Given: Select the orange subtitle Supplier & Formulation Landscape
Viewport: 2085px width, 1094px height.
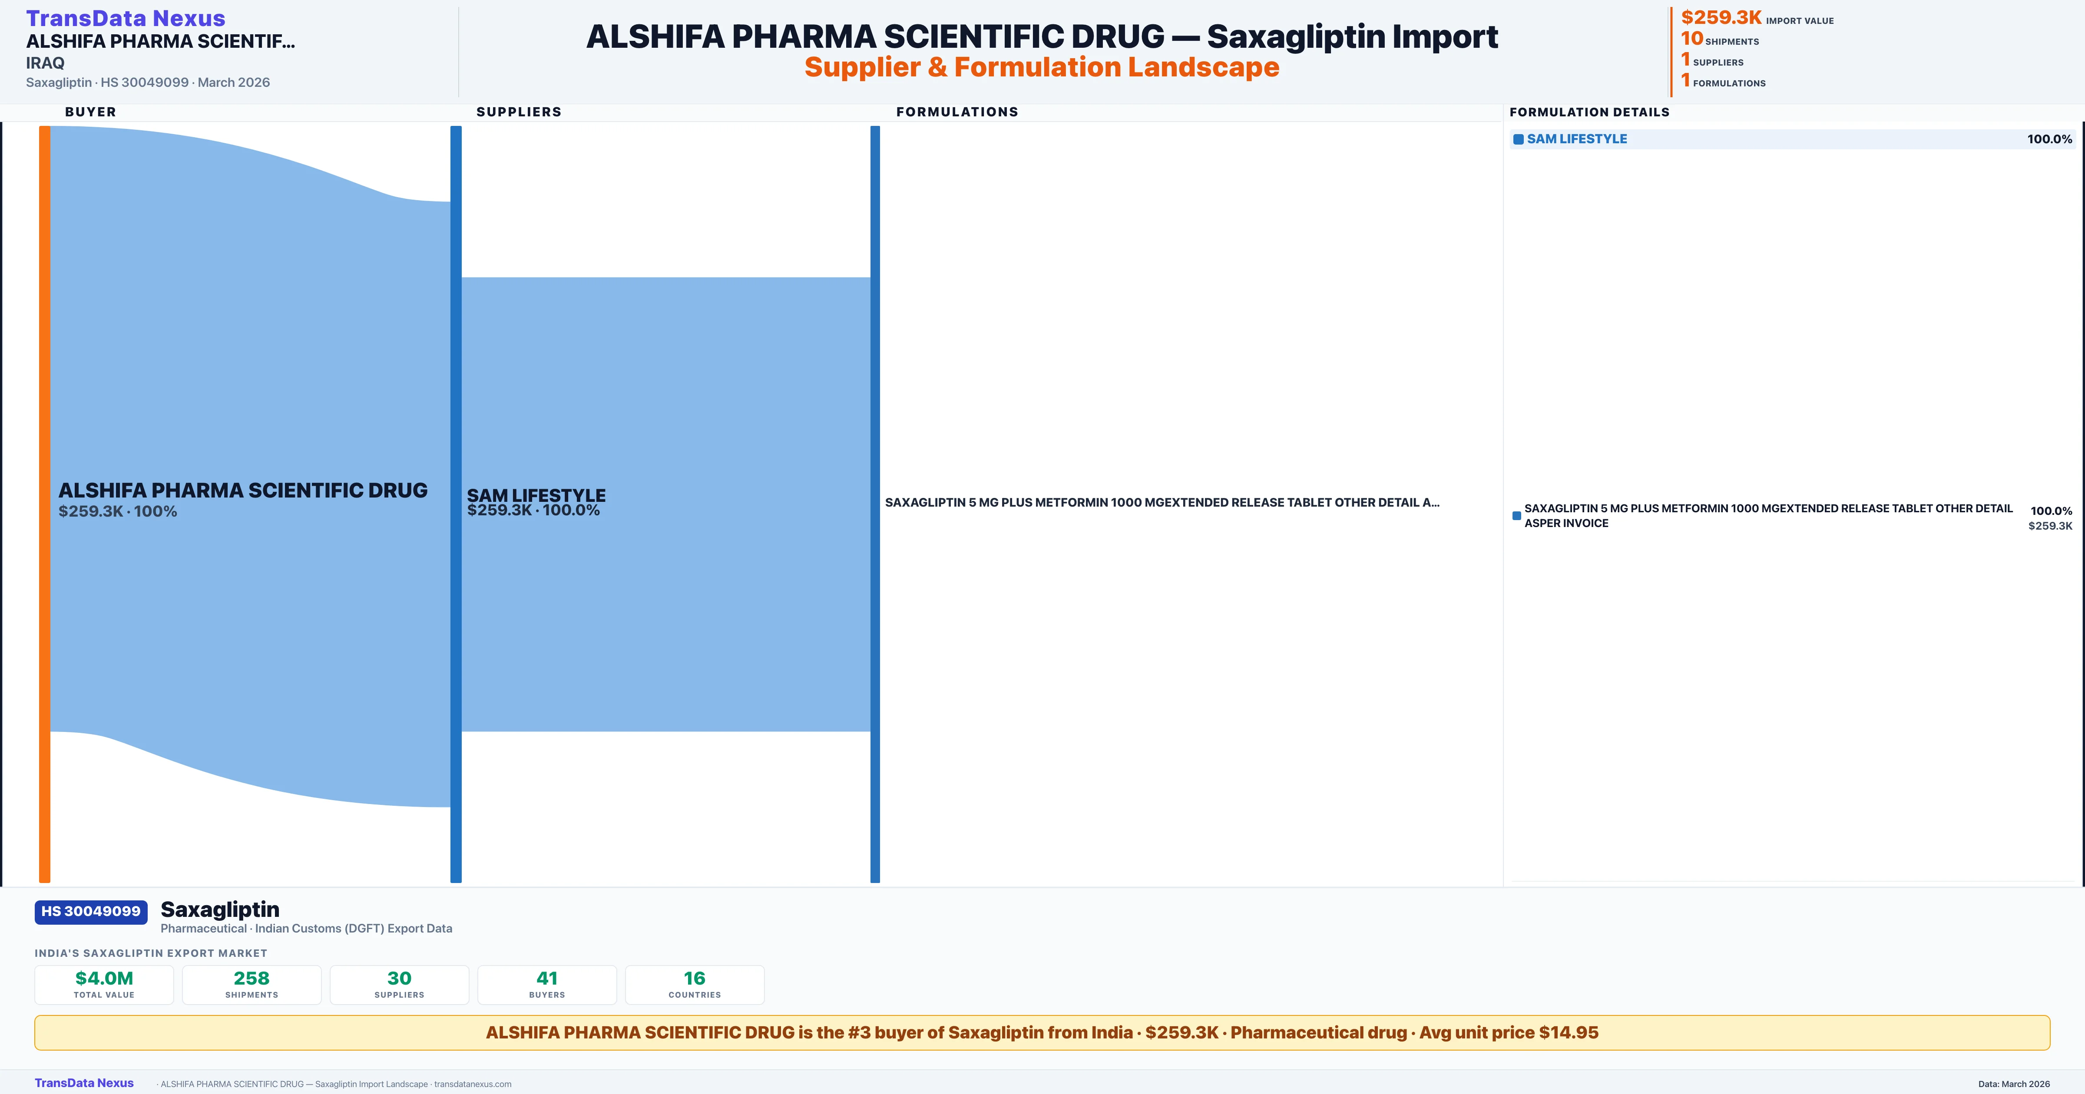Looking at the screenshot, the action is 1042,67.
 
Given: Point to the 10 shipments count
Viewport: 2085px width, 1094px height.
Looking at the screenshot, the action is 1691,38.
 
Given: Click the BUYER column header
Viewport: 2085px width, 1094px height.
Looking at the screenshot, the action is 91,112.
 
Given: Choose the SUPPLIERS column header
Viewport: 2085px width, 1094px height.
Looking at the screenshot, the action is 519,112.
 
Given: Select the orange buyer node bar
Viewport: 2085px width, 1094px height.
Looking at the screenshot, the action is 44,503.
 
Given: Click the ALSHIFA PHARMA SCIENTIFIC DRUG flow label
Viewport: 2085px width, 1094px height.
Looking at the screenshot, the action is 243,491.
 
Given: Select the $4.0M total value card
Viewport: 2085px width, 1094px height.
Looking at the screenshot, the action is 104,985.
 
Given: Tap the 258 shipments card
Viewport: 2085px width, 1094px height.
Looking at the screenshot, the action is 252,985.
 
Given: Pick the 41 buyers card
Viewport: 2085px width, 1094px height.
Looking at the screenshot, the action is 547,985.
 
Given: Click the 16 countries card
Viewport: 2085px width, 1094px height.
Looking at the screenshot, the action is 695,985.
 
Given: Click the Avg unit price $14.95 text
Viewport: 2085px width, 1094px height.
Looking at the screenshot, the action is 1509,1032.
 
